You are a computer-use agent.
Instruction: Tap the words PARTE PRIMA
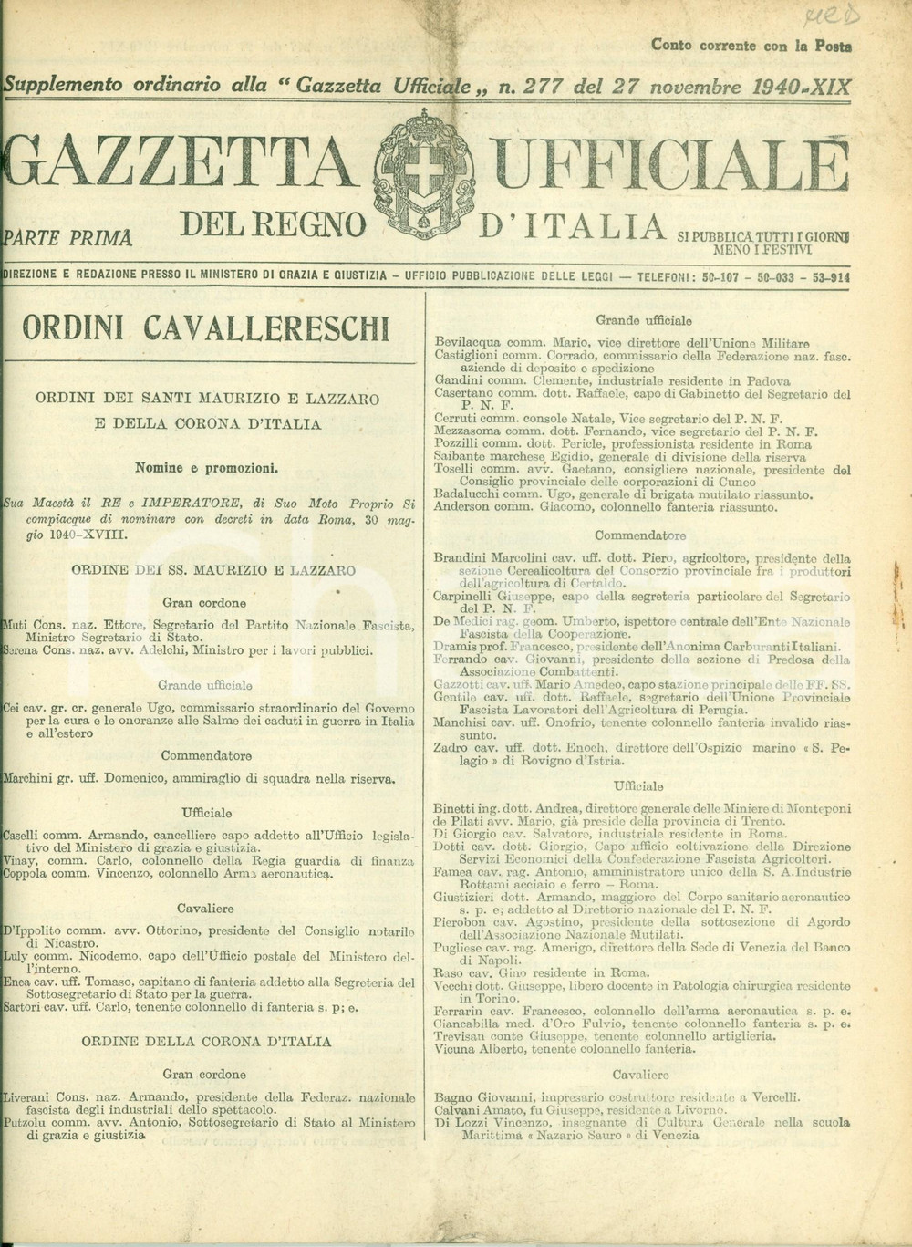[x=71, y=239]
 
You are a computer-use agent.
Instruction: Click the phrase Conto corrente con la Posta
[x=751, y=45]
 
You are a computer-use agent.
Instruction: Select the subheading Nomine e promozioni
[x=206, y=468]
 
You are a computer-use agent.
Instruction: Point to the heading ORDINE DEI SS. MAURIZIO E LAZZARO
[x=213, y=570]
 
